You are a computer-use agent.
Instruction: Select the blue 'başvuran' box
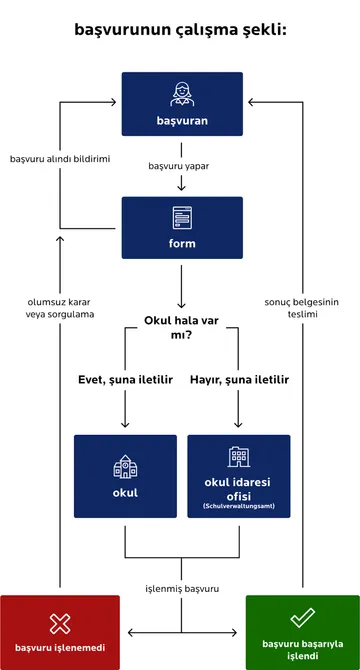click(x=182, y=104)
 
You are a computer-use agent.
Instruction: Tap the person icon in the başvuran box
click(x=182, y=93)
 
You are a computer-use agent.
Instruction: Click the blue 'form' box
click(x=182, y=228)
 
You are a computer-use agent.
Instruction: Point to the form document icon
click(x=182, y=216)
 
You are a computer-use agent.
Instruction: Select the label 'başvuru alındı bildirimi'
click(x=59, y=159)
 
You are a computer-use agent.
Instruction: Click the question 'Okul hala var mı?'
click(x=181, y=329)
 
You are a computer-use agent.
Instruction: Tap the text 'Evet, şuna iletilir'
click(x=125, y=380)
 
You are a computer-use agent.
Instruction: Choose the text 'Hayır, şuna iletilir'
click(x=239, y=380)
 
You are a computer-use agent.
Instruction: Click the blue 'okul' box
click(x=125, y=476)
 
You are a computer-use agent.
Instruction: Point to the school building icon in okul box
click(x=125, y=465)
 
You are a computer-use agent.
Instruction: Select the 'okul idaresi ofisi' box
click(x=239, y=476)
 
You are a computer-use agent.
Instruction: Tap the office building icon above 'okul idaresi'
click(x=239, y=457)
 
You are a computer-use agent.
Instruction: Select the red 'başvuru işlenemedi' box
click(x=60, y=632)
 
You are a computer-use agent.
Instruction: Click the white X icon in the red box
click(x=60, y=623)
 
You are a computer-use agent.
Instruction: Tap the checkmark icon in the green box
click(x=302, y=620)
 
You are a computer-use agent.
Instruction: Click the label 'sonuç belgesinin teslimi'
click(x=304, y=306)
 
